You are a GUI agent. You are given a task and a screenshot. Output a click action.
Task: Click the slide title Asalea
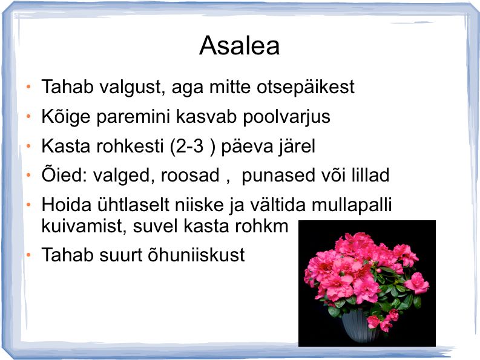point(239,45)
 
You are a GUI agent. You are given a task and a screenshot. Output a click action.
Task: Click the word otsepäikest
point(305,87)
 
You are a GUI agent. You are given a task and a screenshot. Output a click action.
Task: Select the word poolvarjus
point(286,117)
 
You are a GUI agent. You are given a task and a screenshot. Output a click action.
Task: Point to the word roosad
point(190,175)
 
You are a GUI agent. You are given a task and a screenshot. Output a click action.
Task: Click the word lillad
point(370,175)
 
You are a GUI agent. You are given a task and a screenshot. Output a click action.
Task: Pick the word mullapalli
point(352,205)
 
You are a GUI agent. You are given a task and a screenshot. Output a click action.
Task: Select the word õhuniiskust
point(196,254)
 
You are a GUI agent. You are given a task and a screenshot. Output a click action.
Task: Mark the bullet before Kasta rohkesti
point(28,146)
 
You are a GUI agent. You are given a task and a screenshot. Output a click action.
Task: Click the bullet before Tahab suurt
point(28,255)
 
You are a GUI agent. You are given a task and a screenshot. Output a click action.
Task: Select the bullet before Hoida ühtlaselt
point(28,205)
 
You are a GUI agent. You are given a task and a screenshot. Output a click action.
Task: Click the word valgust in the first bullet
point(133,87)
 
